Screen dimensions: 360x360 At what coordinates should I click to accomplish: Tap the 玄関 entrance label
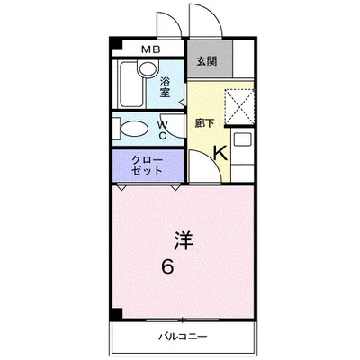click(206, 61)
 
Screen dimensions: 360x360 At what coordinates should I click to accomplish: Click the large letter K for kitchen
click(220, 154)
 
